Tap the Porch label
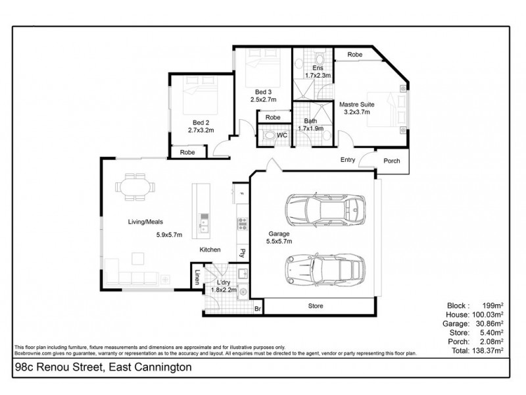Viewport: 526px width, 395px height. (392, 160)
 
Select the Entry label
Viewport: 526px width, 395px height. (348, 160)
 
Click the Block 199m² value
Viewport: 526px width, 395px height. (493, 305)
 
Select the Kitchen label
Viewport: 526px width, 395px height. (210, 250)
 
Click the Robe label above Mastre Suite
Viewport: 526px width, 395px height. (355, 54)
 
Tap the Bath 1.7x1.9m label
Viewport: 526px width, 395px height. (311, 124)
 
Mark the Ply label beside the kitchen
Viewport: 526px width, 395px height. (242, 251)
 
